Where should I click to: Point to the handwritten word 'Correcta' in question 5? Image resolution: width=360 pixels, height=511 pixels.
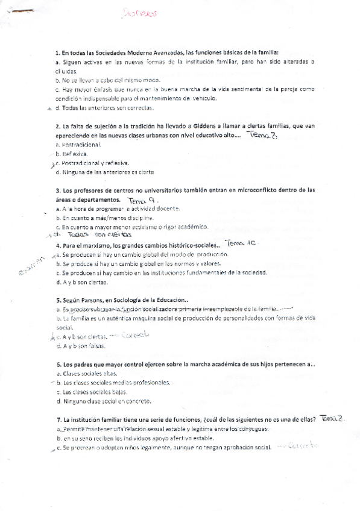tap(134, 336)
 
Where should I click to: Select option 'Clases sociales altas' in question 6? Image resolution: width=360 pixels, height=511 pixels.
tap(86, 374)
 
